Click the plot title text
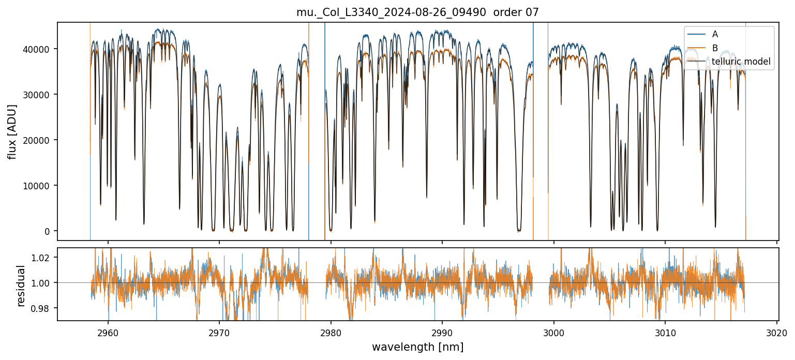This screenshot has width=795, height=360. point(417,12)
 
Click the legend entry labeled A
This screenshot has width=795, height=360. point(715,34)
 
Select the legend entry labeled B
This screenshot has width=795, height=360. point(715,48)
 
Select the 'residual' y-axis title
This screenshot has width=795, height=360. point(21,286)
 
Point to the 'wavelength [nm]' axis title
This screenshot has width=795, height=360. point(417,347)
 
